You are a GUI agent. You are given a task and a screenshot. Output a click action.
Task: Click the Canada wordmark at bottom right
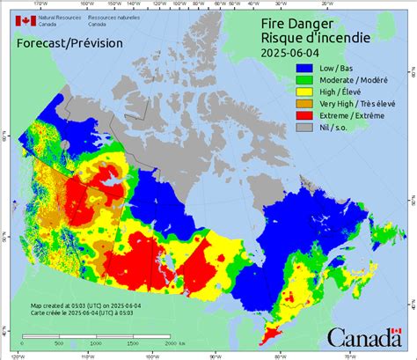tap(365, 338)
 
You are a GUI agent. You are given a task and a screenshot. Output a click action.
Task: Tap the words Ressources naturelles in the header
tap(96, 16)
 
